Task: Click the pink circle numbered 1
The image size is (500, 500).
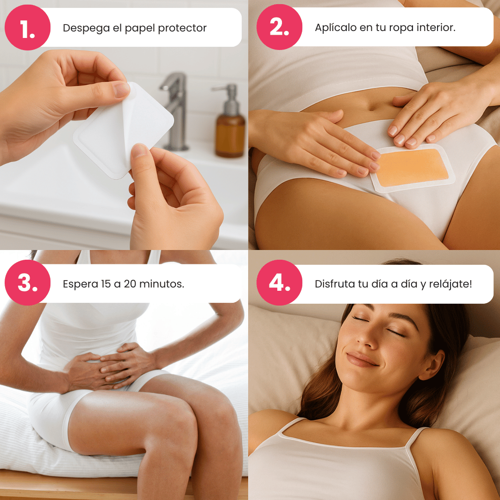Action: [x=27, y=27]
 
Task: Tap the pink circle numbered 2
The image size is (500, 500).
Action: [x=279, y=27]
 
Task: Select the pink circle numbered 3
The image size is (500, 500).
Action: [x=27, y=282]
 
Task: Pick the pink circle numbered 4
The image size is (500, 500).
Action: [x=279, y=282]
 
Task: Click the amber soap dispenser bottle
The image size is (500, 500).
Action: [x=230, y=121]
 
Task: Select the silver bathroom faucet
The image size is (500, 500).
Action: [x=175, y=112]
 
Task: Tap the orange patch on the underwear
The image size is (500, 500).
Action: [x=412, y=168]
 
